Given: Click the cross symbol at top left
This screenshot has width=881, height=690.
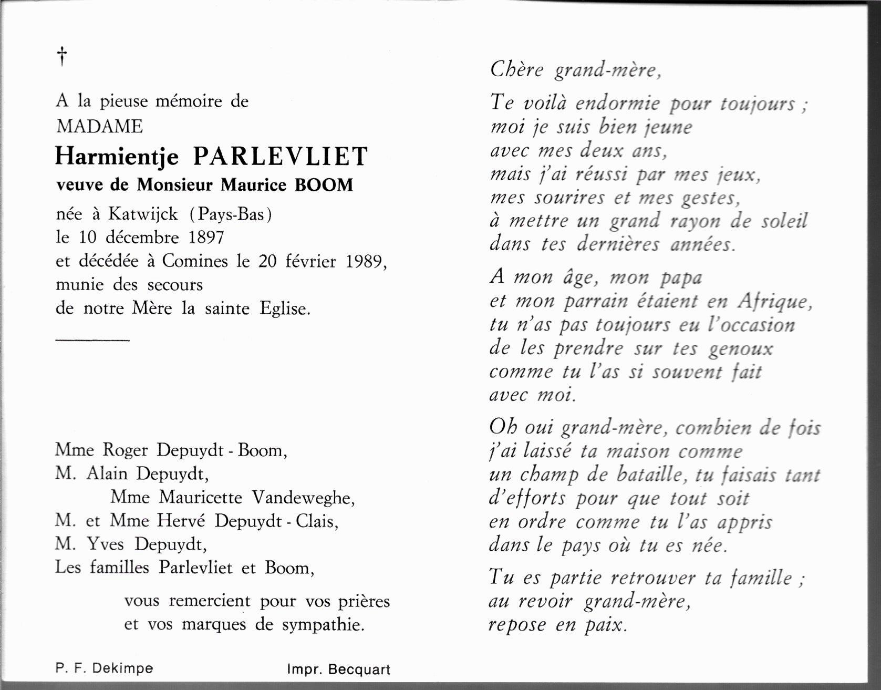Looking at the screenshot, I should pos(62,56).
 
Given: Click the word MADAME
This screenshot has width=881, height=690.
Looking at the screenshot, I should pos(99,127).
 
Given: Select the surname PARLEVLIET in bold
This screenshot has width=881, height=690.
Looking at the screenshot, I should pos(281,156).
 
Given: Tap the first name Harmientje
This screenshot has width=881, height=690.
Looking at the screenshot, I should pos(117,157).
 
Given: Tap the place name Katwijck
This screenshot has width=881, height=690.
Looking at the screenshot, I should pos(143,214).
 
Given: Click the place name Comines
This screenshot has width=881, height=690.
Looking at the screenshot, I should pos(195,261).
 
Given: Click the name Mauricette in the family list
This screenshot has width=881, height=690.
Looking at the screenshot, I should pos(201,497).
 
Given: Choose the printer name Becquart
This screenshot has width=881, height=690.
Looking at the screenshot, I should pos(359,670).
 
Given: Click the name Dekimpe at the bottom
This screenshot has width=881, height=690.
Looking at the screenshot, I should pos(122,668).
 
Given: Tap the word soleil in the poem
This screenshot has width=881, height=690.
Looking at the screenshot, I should pos(784,221).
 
